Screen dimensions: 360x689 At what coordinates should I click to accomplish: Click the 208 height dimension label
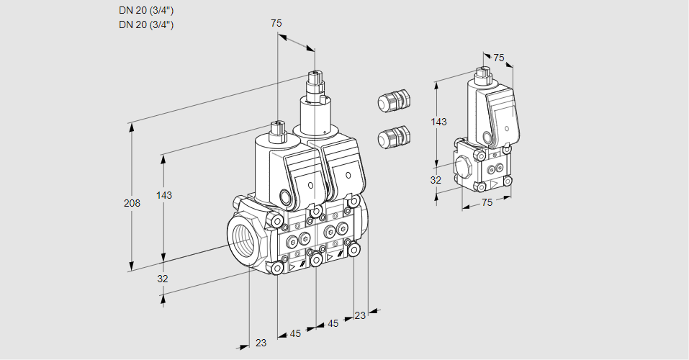[x=132, y=203]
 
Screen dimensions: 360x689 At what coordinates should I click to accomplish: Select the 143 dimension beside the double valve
[x=165, y=196]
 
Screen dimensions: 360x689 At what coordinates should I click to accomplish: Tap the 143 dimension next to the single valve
[x=438, y=122]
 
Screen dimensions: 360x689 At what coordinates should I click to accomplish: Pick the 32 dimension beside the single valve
[x=436, y=180]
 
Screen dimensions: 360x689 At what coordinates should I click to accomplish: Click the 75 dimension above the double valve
[x=276, y=23]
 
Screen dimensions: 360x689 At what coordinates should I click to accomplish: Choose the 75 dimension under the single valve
[x=487, y=203]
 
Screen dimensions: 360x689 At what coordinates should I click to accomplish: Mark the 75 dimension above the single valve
[x=499, y=58]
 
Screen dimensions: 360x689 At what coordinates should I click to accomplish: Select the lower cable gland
[x=394, y=137]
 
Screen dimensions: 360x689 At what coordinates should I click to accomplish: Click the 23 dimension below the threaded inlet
[x=261, y=343]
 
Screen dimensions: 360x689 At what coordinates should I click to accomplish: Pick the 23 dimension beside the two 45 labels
[x=360, y=315]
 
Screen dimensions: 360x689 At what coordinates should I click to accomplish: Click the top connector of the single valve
[x=483, y=73]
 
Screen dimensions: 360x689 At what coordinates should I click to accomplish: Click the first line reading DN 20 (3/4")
[x=146, y=10]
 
